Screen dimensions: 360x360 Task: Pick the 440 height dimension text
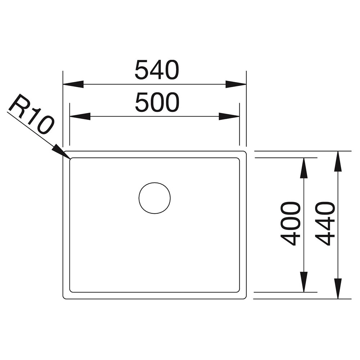[325, 224]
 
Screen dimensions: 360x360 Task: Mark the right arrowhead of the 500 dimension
[229, 116]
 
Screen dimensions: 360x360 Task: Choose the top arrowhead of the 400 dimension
[304, 168]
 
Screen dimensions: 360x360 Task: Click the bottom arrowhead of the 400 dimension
[304, 282]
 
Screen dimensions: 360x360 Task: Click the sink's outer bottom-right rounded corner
[245, 298]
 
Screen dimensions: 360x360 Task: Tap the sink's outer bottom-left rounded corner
[64, 298]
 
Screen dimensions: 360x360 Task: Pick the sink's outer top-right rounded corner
[245, 152]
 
